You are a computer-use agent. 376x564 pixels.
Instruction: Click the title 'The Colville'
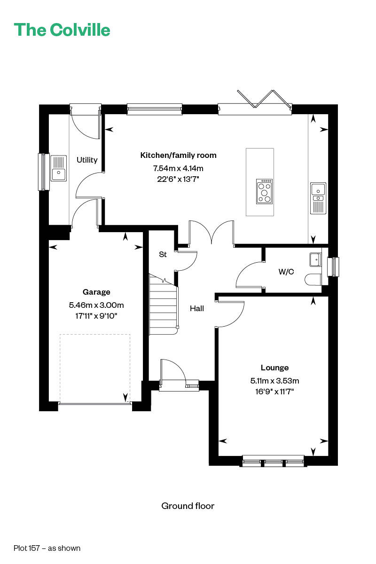[62, 30]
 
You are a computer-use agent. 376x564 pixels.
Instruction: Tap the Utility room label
[87, 160]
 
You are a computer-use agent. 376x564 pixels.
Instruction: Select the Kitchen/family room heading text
[178, 156]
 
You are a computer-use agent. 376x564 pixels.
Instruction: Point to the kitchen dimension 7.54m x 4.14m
[178, 168]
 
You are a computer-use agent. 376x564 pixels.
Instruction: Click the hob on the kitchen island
[265, 191]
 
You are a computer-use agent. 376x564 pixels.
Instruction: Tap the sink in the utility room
[59, 168]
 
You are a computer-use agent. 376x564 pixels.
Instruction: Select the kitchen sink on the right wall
[318, 198]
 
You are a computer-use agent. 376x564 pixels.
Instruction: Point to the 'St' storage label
[163, 254]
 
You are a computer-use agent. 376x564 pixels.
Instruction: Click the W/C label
[286, 272]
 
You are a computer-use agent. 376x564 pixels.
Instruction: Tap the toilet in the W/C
[313, 279]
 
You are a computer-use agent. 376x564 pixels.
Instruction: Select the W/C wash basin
[315, 259]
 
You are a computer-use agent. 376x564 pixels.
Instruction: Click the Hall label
[196, 308]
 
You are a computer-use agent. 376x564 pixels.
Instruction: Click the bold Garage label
[96, 292]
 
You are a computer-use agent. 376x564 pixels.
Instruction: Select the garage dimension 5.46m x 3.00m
[96, 305]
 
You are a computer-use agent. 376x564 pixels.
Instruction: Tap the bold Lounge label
[274, 368]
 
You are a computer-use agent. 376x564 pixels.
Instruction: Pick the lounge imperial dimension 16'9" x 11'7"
[274, 392]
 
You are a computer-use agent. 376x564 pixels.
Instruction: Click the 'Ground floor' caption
[188, 506]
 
